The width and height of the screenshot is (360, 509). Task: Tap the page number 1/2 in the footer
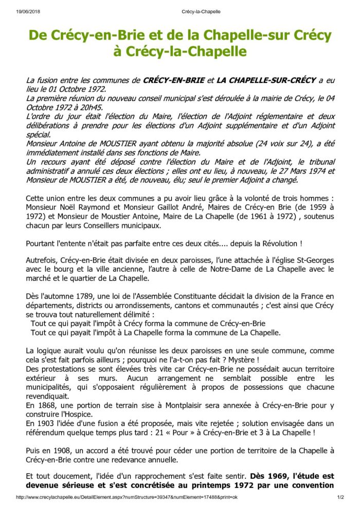[x=340, y=498]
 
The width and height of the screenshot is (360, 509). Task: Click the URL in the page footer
[x=127, y=498]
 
